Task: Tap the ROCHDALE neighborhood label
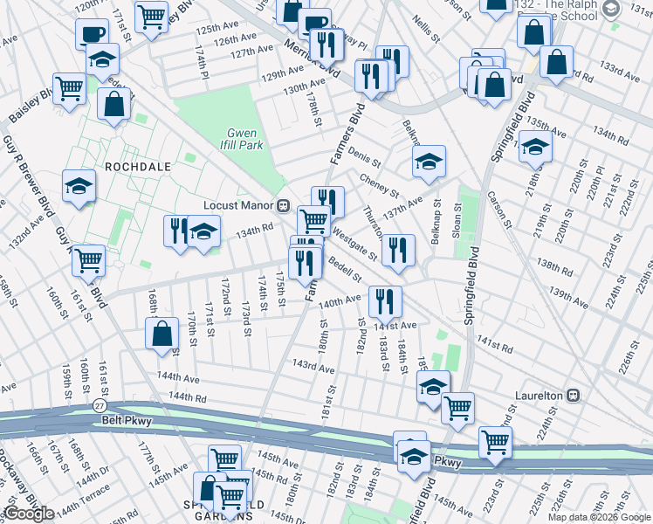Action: point(133,165)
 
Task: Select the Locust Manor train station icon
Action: point(284,206)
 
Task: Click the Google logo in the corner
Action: point(29,514)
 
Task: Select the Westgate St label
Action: point(354,245)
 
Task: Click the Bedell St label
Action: point(346,270)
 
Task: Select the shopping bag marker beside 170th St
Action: point(162,334)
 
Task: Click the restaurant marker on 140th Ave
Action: point(384,300)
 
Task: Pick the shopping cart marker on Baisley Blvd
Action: point(69,88)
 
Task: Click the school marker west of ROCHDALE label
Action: point(79,186)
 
